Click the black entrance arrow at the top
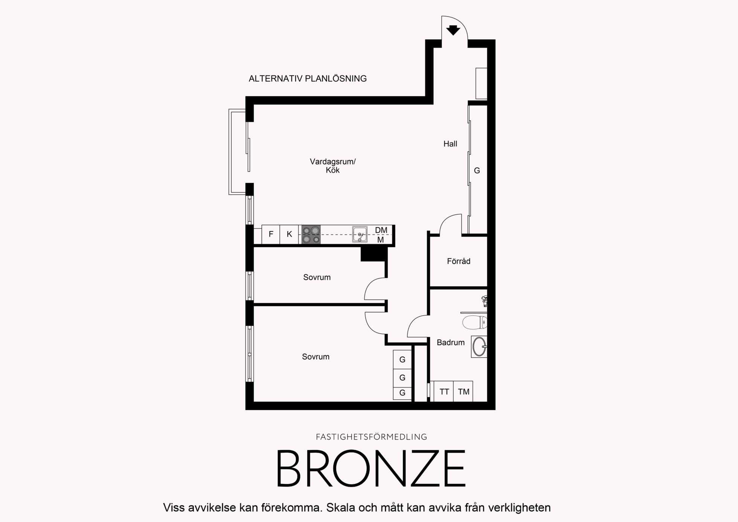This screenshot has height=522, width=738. (x=453, y=30)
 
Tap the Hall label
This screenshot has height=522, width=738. (x=450, y=144)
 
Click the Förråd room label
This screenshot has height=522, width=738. (x=459, y=261)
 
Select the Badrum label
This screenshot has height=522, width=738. (x=451, y=342)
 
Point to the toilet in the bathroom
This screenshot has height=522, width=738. (x=475, y=322)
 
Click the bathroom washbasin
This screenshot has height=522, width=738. (x=479, y=346)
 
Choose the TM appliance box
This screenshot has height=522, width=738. (x=463, y=391)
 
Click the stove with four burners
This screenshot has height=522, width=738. (x=311, y=235)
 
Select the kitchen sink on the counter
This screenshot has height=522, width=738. (x=360, y=234)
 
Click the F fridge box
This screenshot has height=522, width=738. (x=271, y=234)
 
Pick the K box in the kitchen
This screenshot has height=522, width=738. (x=289, y=234)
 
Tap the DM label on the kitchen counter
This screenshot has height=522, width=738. (x=381, y=230)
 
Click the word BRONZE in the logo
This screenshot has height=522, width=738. (x=371, y=469)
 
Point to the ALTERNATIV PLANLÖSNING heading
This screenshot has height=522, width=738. (x=308, y=79)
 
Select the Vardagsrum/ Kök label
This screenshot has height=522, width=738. (x=333, y=166)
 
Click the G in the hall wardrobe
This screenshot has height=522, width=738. (x=477, y=171)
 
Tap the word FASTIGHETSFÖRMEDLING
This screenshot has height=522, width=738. (x=371, y=437)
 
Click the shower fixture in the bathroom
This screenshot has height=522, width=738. (x=485, y=301)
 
